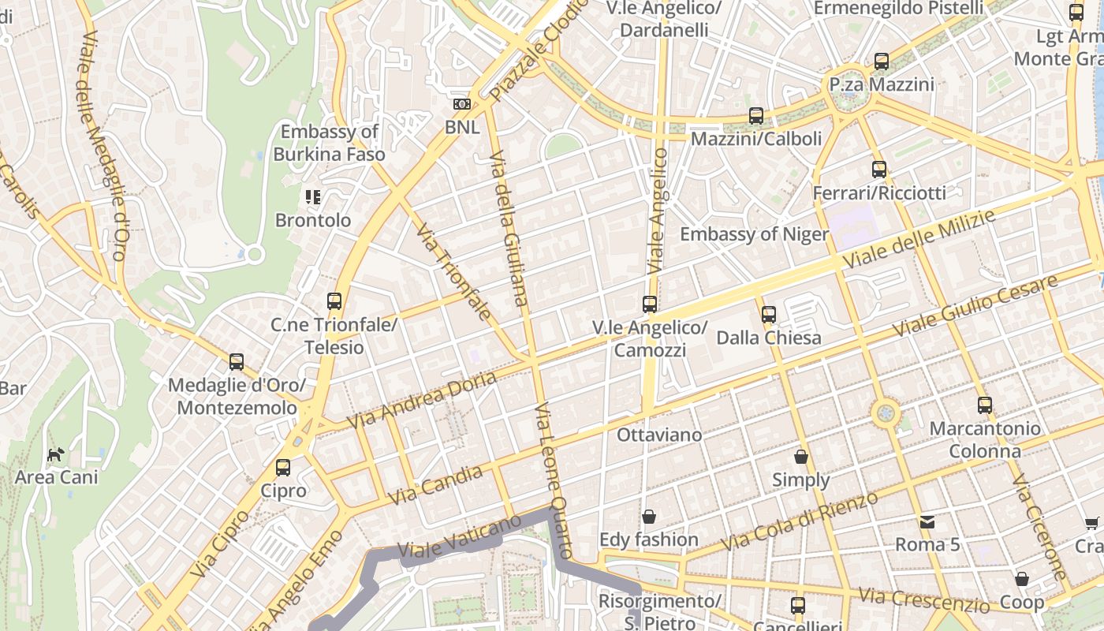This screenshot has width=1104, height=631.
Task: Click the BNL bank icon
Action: click(x=461, y=104)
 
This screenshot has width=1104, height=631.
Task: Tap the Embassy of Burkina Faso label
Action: click(x=329, y=143)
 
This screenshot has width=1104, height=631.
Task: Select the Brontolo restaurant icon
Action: click(x=313, y=196)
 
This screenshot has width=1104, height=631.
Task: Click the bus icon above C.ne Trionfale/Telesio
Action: click(x=334, y=301)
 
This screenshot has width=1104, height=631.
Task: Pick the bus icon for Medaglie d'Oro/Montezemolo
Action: click(x=237, y=362)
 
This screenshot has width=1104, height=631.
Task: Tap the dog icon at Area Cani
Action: click(x=56, y=454)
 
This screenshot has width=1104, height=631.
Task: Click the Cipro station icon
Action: click(x=283, y=468)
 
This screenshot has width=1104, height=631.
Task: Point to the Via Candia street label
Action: click(x=435, y=485)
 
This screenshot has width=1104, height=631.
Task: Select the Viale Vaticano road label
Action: click(x=460, y=537)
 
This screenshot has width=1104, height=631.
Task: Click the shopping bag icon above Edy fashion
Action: click(x=649, y=517)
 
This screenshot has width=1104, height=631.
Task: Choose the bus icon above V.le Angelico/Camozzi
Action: click(x=650, y=304)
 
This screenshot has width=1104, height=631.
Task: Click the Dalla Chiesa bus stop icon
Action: click(x=769, y=315)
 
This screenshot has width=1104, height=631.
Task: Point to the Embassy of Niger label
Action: click(x=754, y=234)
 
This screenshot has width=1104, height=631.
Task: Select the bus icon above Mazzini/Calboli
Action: click(x=756, y=116)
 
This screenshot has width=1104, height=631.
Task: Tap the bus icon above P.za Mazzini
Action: click(x=882, y=62)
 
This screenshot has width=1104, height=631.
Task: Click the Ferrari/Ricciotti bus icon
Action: click(x=879, y=170)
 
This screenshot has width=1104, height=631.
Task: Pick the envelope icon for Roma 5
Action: click(x=927, y=521)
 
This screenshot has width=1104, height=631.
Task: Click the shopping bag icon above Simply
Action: click(x=801, y=457)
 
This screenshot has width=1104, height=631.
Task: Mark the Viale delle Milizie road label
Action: click(x=919, y=239)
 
